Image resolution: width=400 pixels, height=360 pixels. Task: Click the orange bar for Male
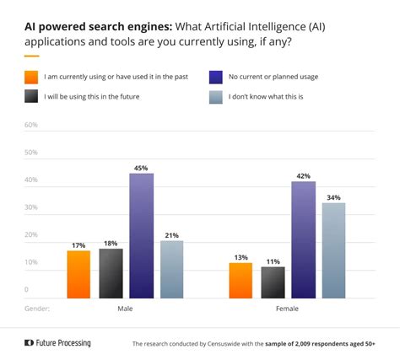point(78,274)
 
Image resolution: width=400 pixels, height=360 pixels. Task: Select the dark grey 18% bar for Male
point(110,273)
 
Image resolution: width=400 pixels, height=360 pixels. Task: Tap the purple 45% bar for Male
point(141,235)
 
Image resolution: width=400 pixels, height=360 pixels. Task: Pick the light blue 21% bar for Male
point(171,269)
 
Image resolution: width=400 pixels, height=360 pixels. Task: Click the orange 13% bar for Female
point(241,280)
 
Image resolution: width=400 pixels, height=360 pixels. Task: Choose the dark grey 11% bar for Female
point(273,282)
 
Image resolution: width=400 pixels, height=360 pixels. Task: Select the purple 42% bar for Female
point(304,239)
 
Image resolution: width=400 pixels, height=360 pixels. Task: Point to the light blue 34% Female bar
point(334,250)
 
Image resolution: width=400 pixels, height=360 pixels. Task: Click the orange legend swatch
point(31,77)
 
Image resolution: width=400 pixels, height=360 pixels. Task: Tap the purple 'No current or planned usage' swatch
point(215,77)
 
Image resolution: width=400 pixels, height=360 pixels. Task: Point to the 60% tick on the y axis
point(31,125)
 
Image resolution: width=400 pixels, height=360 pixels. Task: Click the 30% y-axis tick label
point(31,207)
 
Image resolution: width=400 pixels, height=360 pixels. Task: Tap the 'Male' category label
point(125,309)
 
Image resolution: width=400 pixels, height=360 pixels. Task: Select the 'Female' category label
point(288,309)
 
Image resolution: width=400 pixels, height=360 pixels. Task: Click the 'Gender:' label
point(38,309)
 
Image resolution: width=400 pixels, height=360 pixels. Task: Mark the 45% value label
point(141,168)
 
